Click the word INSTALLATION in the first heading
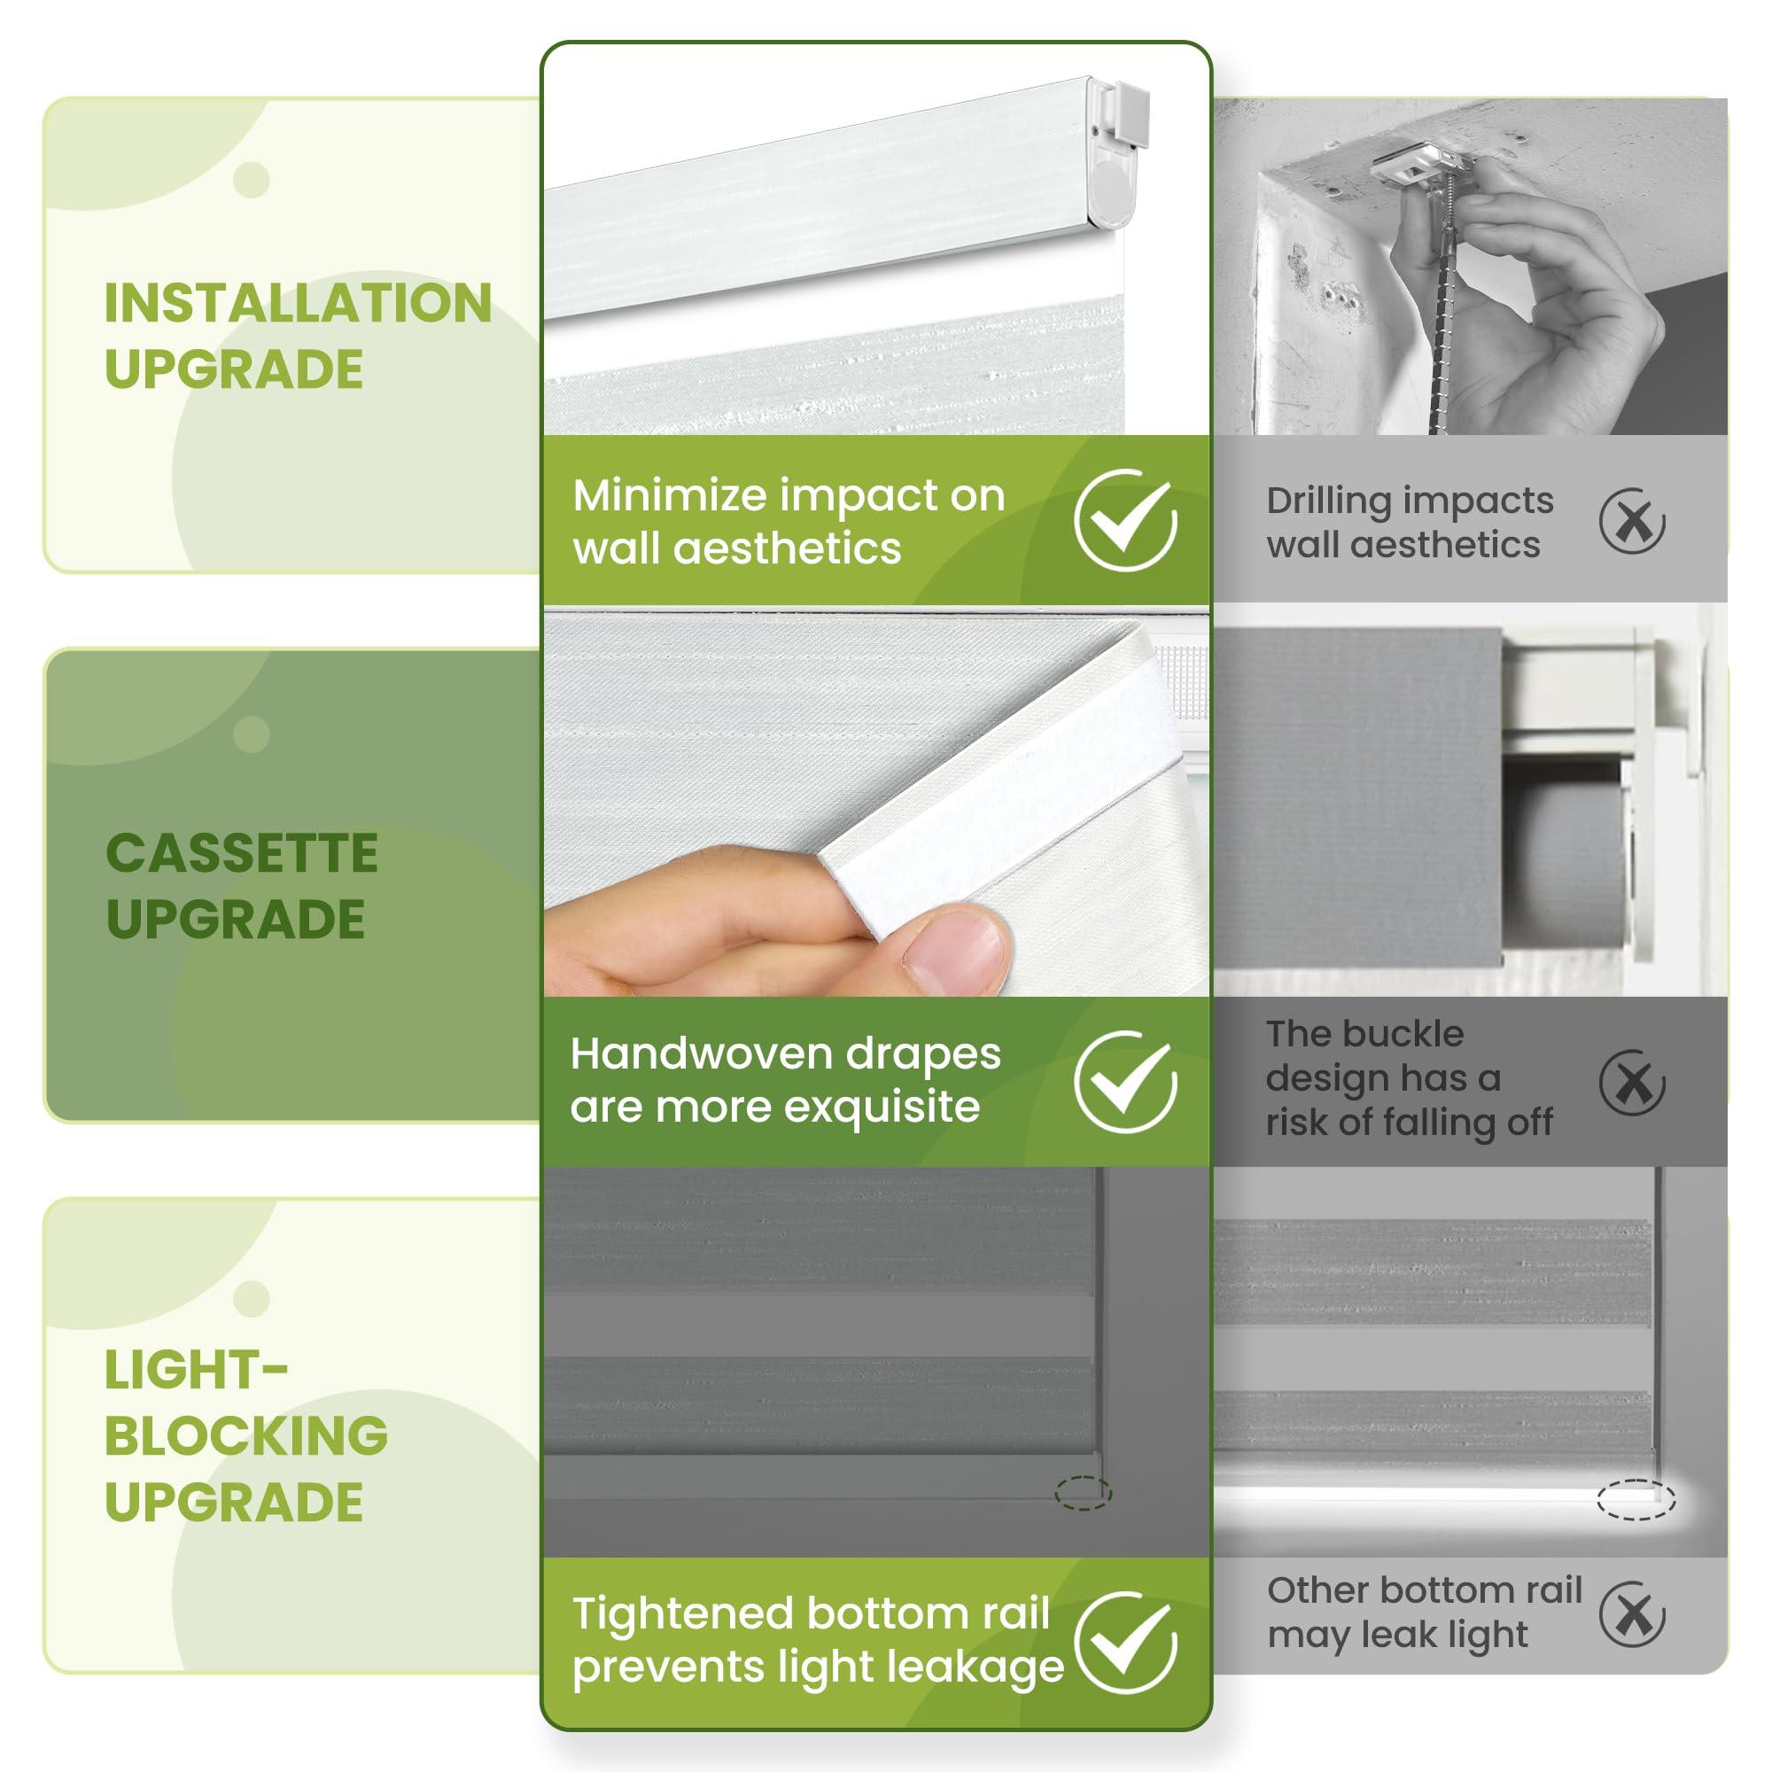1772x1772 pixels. [298, 303]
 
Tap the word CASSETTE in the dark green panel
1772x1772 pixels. [241, 854]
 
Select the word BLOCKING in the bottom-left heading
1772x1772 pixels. [245, 1435]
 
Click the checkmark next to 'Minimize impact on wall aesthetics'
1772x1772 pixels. [1125, 520]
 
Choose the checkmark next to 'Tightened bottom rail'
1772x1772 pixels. [1125, 1643]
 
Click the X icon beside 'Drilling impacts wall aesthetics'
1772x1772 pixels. [1632, 521]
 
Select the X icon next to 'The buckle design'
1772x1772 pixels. [1632, 1083]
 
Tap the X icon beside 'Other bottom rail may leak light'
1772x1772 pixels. [1632, 1640]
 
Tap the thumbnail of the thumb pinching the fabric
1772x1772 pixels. [954, 949]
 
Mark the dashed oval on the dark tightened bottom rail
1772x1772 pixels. [1083, 1494]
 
